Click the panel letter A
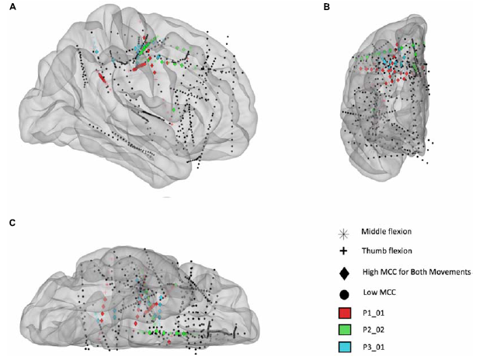(12, 6)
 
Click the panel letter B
(327, 6)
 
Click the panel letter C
(12, 223)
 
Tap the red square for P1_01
(344, 313)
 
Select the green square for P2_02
(344, 330)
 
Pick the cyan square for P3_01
(344, 347)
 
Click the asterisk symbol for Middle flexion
(343, 234)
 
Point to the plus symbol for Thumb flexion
(343, 251)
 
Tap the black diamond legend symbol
(344, 273)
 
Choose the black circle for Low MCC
(344, 294)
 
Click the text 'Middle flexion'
(386, 232)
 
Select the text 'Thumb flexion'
(387, 251)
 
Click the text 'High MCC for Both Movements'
(416, 272)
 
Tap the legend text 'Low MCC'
(380, 292)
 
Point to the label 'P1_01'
(374, 313)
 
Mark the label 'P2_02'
(374, 330)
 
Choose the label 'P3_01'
(374, 348)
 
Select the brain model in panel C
(140, 299)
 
